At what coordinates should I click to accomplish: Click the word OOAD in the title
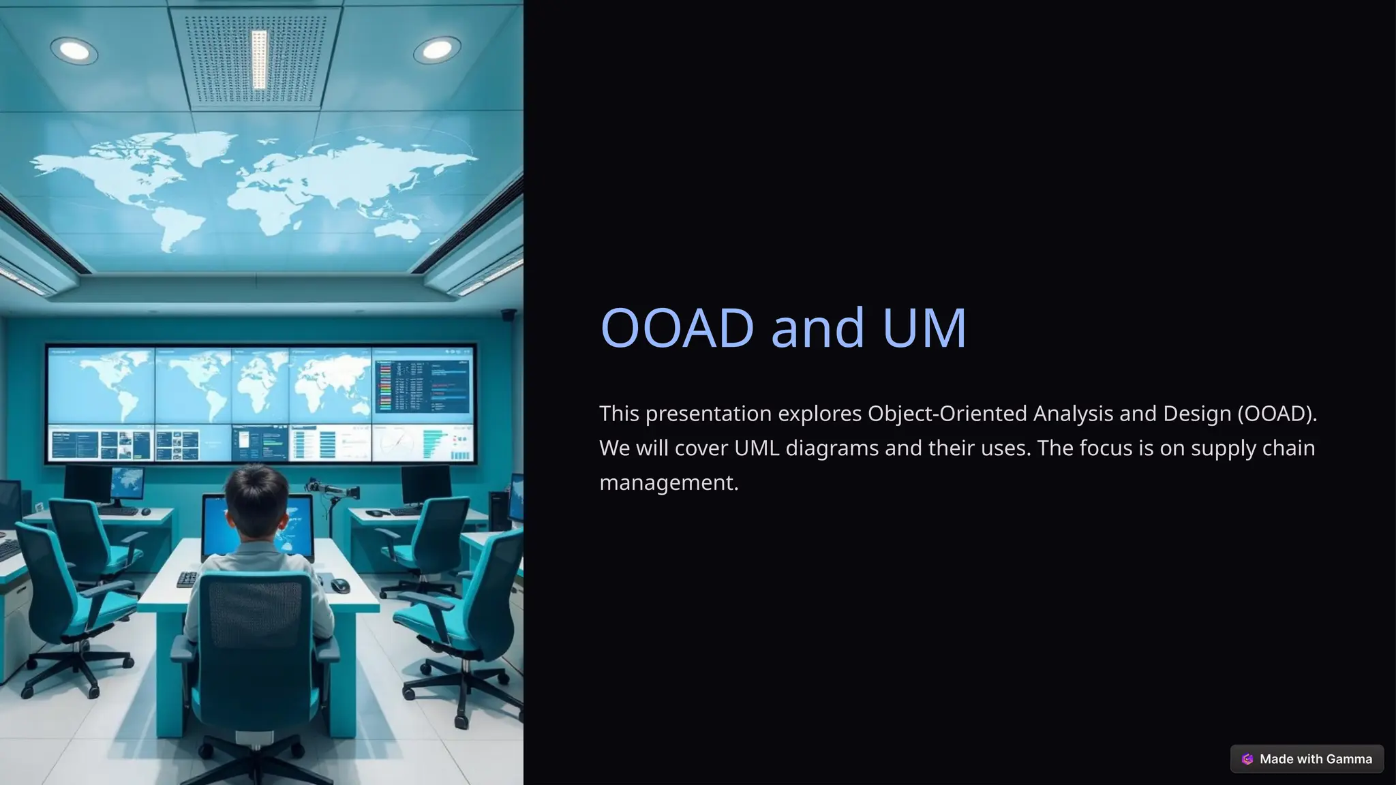676,328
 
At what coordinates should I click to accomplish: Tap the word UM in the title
924,328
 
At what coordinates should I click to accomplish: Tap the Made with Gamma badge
1307,759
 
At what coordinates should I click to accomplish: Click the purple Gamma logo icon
1247,759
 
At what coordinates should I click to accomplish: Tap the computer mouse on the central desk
340,585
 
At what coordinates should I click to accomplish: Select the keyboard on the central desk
187,579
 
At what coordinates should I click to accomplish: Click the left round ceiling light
74,50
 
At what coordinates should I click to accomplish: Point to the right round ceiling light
436,49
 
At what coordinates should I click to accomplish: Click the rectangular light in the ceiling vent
259,59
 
